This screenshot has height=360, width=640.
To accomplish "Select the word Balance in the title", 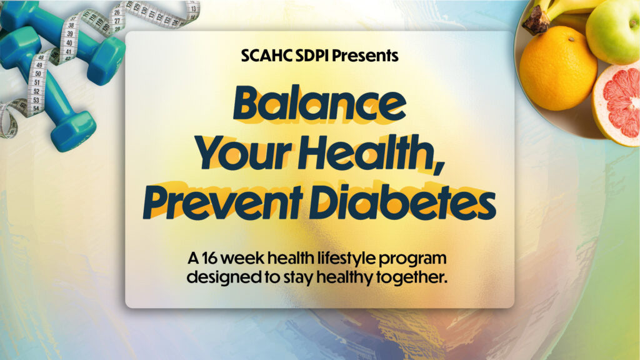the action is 319,103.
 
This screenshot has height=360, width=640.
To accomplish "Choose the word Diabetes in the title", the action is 402,202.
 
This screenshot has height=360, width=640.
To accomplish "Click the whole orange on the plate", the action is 558,68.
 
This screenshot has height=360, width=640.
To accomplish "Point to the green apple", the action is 614,31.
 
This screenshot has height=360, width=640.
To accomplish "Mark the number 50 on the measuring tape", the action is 38,74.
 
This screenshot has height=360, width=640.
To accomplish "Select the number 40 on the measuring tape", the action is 69,43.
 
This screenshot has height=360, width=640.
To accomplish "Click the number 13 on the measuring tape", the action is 194,9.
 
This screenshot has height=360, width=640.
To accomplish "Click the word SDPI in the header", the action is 312,56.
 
